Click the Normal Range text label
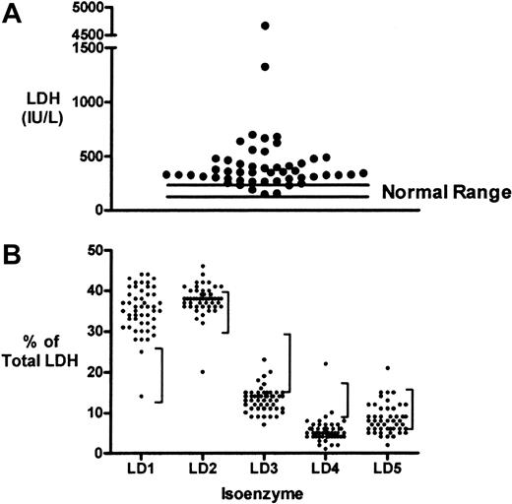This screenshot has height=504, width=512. pos(431,193)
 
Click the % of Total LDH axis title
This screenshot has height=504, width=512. pos(41,360)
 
